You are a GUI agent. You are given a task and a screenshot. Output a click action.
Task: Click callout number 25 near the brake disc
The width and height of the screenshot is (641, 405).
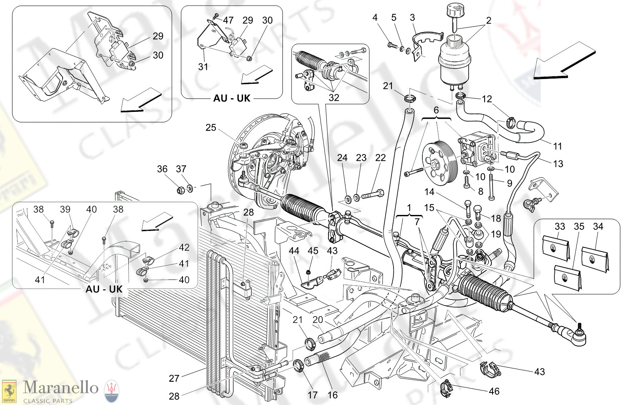tap(211, 128)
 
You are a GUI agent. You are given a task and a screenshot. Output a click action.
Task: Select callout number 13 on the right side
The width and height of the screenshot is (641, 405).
tap(558, 164)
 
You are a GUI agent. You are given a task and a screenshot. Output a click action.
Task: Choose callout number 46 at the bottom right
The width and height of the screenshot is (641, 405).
tap(494, 391)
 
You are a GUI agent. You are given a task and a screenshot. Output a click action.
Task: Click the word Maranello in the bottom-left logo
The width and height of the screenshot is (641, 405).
tap(61, 387)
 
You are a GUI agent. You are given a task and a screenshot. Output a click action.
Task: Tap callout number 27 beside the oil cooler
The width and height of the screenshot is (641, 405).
tap(174, 378)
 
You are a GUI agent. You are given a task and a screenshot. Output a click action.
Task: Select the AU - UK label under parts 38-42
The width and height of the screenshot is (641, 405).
tap(104, 289)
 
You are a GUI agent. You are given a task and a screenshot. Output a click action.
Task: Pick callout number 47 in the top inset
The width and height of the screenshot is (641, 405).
tap(228, 20)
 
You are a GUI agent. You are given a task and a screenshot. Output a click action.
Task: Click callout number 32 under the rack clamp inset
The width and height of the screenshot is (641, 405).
tap(334, 97)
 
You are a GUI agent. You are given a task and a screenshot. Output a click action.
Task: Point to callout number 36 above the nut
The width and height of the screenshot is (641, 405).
tap(162, 169)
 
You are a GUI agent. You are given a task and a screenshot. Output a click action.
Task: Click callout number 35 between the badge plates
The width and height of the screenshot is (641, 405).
tap(579, 227)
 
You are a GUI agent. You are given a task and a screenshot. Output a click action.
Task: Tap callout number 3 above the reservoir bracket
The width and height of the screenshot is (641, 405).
tap(412, 18)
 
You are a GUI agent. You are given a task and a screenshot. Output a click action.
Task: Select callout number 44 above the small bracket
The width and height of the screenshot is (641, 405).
tap(294, 251)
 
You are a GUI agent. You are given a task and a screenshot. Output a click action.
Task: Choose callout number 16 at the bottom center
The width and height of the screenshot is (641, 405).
tap(333, 395)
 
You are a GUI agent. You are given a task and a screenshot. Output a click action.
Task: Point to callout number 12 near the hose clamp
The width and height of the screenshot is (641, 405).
tap(487, 99)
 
